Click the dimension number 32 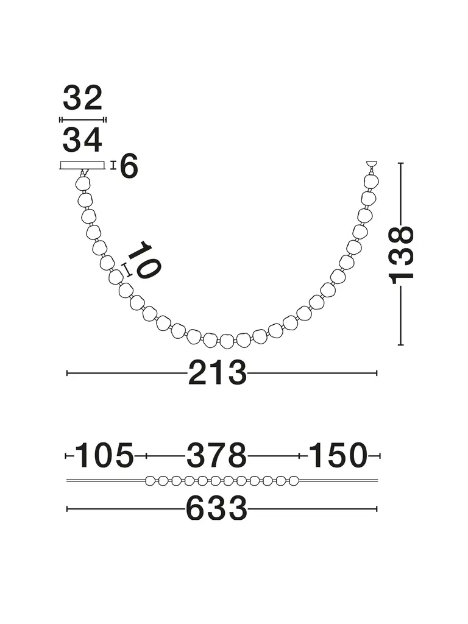[x=83, y=98]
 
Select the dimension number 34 [x=82, y=140]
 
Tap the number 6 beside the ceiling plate [x=129, y=166]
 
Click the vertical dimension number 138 [x=401, y=255]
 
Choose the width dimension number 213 [x=218, y=373]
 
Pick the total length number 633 [x=217, y=508]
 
